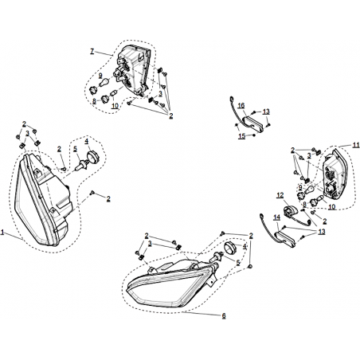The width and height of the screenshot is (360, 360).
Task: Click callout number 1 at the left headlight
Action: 2,233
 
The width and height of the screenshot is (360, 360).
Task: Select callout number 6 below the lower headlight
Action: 224,315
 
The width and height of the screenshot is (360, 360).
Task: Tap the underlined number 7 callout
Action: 92,51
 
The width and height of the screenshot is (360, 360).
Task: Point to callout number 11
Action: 356,145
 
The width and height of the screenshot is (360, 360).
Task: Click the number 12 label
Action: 280,195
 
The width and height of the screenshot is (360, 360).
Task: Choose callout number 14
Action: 277,217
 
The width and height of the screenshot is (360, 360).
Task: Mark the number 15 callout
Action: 242,136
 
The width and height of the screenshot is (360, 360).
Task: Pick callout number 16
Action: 241,106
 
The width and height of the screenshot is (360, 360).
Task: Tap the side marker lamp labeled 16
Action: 253,122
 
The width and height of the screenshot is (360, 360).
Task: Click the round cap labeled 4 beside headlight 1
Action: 92,156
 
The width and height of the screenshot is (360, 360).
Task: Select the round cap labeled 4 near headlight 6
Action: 230,248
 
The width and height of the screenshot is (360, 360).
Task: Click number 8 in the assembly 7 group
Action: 94,101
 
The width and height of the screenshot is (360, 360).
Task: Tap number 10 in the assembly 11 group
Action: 332,206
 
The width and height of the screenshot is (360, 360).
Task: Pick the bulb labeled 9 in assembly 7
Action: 104,82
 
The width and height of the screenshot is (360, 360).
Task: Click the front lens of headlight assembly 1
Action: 30,202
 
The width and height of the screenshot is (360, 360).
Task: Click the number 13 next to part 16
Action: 266,112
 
